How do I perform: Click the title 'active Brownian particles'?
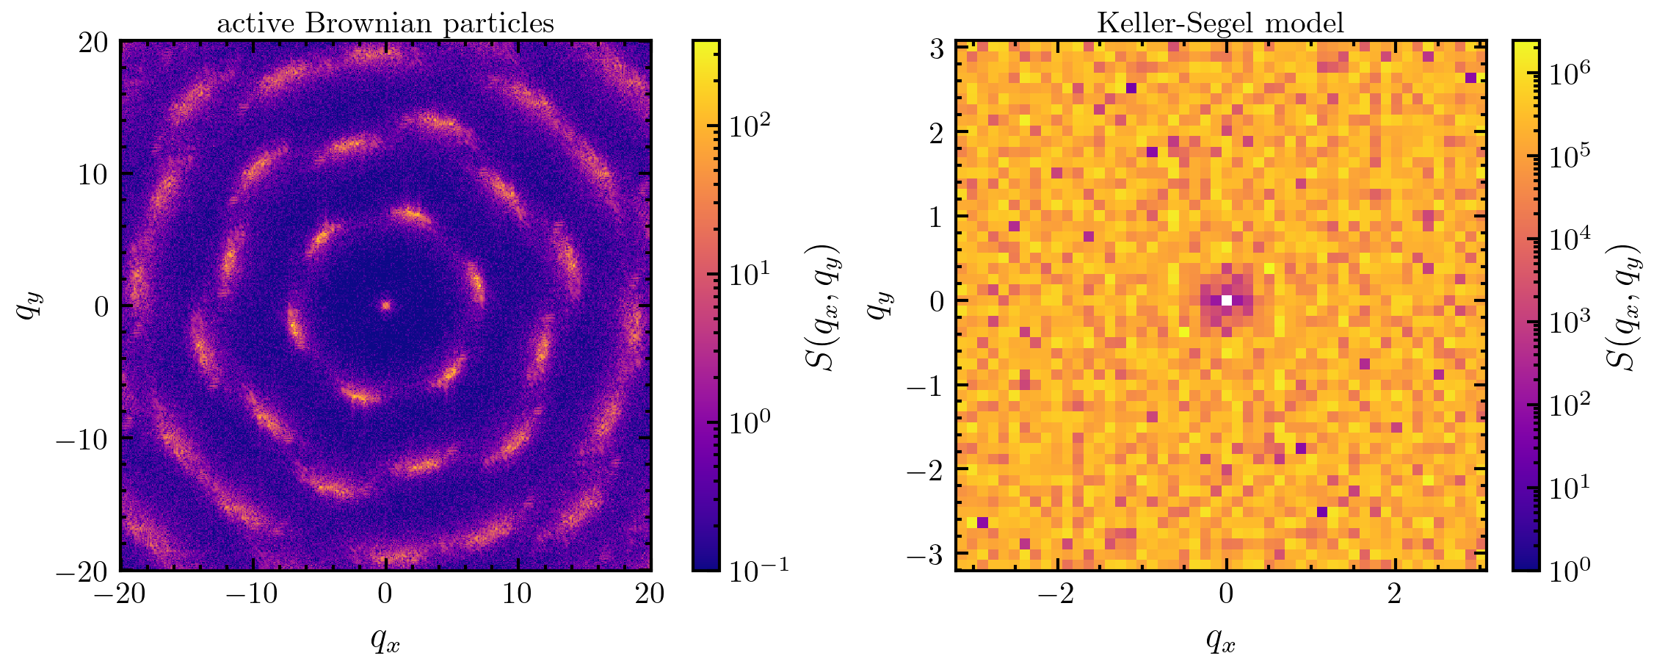(385, 24)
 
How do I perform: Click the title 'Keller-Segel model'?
(1220, 24)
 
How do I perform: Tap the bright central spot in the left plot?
(385, 305)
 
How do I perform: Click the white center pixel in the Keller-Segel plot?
(1226, 300)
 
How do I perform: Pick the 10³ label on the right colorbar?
(1572, 321)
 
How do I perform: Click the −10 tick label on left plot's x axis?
(252, 594)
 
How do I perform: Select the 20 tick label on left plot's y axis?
(93, 43)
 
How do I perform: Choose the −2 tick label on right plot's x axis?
(1058, 594)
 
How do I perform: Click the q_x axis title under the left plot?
(385, 641)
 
